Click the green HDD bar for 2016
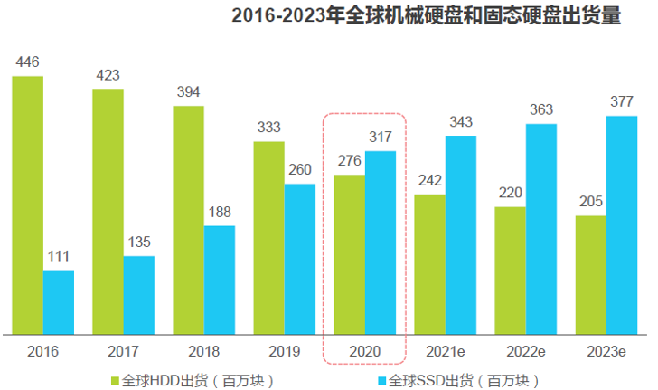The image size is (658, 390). pyautogui.click(x=27, y=205)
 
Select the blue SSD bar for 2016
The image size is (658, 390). pyautogui.click(x=59, y=302)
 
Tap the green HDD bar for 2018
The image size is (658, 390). pyautogui.click(x=189, y=220)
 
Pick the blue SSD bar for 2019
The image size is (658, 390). pyautogui.click(x=300, y=259)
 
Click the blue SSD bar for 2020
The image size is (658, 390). pyautogui.click(x=381, y=243)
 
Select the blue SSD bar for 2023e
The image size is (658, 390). pyautogui.click(x=621, y=224)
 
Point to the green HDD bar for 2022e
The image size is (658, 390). pyautogui.click(x=510, y=270)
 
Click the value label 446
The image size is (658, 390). pyautogui.click(x=27, y=62)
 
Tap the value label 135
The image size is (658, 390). pyautogui.click(x=139, y=242)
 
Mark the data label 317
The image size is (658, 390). pyautogui.click(x=381, y=137)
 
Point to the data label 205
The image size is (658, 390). pyautogui.click(x=590, y=201)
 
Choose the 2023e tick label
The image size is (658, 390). pyautogui.click(x=606, y=349)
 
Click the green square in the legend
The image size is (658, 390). pyautogui.click(x=114, y=379)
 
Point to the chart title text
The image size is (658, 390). pyautogui.click(x=425, y=16)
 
